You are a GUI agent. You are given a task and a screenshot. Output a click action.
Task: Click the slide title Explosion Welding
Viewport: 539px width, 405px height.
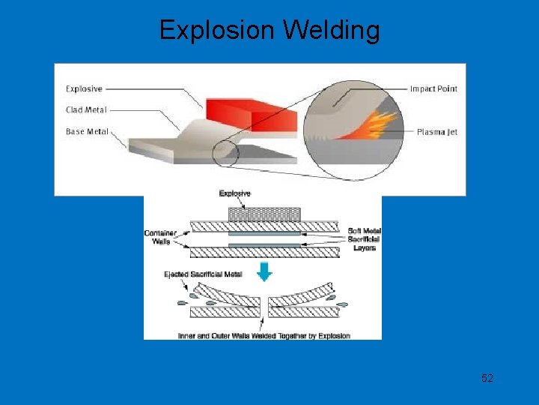pos(269,31)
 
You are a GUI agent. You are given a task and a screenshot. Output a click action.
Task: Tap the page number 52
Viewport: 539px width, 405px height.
pos(487,378)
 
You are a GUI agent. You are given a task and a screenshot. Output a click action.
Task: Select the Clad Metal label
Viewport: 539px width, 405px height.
pos(86,109)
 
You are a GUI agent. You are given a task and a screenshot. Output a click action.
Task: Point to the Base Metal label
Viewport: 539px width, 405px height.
pos(87,131)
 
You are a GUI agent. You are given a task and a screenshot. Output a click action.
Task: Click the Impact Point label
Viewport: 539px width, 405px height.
pos(433,88)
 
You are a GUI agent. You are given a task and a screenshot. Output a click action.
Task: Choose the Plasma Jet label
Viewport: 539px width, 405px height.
pos(437,132)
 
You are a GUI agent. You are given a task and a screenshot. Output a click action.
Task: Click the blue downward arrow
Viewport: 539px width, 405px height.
pos(263,272)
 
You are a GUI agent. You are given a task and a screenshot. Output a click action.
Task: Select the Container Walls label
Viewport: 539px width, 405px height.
pos(160,237)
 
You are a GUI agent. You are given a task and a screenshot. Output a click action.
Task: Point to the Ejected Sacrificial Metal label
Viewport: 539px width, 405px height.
pos(203,274)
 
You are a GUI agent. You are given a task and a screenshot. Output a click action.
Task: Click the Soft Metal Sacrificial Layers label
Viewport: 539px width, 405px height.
pos(364,238)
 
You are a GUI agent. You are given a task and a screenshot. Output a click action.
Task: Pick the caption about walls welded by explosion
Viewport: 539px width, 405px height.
pos(264,335)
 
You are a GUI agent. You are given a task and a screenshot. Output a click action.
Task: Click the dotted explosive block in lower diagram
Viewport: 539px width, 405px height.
pos(264,214)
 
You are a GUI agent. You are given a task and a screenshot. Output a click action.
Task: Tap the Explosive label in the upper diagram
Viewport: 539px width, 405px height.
pos(84,88)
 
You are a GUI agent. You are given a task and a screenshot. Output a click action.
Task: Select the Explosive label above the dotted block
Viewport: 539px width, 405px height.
pos(235,193)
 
